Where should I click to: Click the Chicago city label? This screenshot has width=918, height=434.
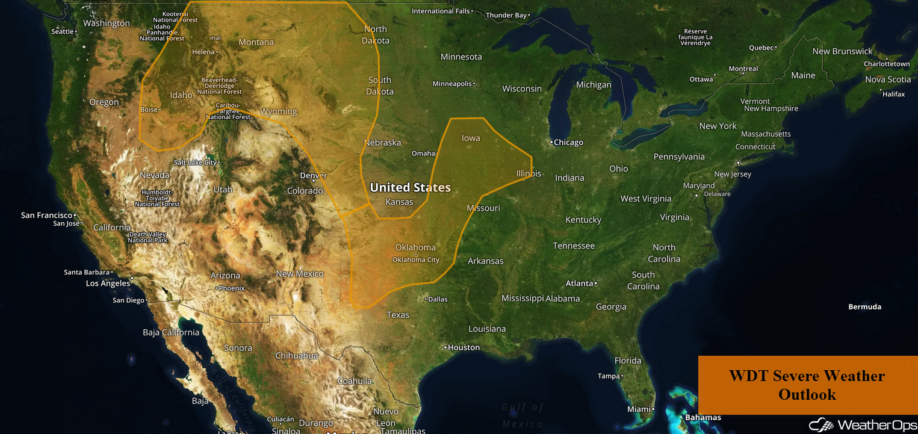point(568,143)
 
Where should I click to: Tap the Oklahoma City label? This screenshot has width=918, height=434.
point(415,260)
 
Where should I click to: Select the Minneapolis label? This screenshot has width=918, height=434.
point(452,84)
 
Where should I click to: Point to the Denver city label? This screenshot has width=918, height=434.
point(313,176)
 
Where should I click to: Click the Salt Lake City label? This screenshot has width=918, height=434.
point(195,163)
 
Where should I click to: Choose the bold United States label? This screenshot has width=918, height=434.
point(410,187)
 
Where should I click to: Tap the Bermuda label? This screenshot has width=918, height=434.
point(864,307)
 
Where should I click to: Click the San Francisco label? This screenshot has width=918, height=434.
point(47,215)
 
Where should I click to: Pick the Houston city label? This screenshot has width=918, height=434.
point(464,347)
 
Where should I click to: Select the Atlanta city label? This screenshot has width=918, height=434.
point(579,283)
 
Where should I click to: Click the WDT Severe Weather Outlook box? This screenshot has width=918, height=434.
point(807,385)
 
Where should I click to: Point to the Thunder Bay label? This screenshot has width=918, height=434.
point(506,15)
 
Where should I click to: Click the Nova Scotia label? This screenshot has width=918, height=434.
point(888,79)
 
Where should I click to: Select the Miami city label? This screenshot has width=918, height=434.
point(639,409)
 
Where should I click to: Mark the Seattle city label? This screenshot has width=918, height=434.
point(63,31)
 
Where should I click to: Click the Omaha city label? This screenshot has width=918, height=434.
point(423,153)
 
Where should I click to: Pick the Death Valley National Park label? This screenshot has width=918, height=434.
point(147,237)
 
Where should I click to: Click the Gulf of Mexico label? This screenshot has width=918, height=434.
point(523,415)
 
